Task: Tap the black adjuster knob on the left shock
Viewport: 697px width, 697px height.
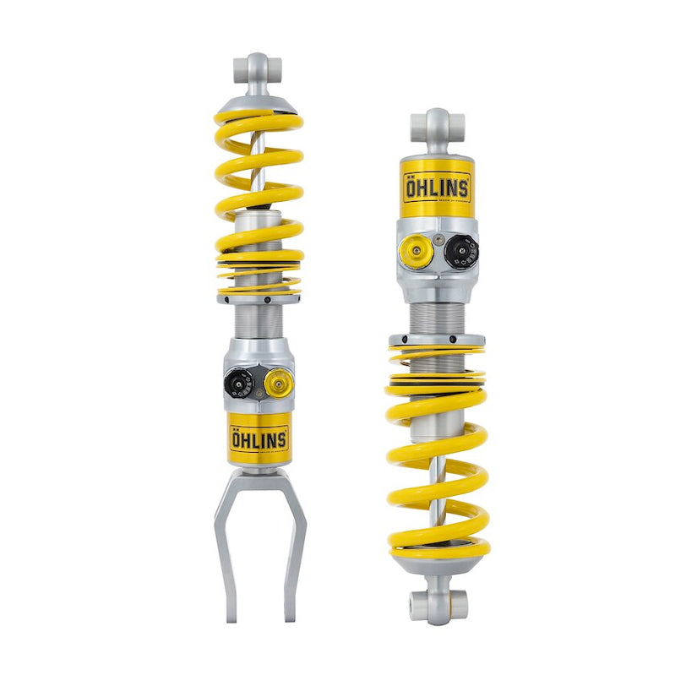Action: pos(238,384)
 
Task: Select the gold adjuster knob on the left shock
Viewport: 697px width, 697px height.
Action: pos(277,384)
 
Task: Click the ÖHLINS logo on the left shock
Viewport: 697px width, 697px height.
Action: pos(259,439)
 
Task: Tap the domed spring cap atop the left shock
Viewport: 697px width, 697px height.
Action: pos(258,102)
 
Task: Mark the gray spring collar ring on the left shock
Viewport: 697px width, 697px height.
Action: pos(259,297)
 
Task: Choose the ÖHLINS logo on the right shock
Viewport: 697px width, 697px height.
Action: pos(437,188)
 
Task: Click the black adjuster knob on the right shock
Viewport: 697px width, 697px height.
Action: pos(461,250)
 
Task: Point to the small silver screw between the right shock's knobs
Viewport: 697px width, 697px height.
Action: pos(438,240)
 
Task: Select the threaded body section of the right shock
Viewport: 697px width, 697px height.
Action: pos(437,317)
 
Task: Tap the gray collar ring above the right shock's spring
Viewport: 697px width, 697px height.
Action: pos(437,340)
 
